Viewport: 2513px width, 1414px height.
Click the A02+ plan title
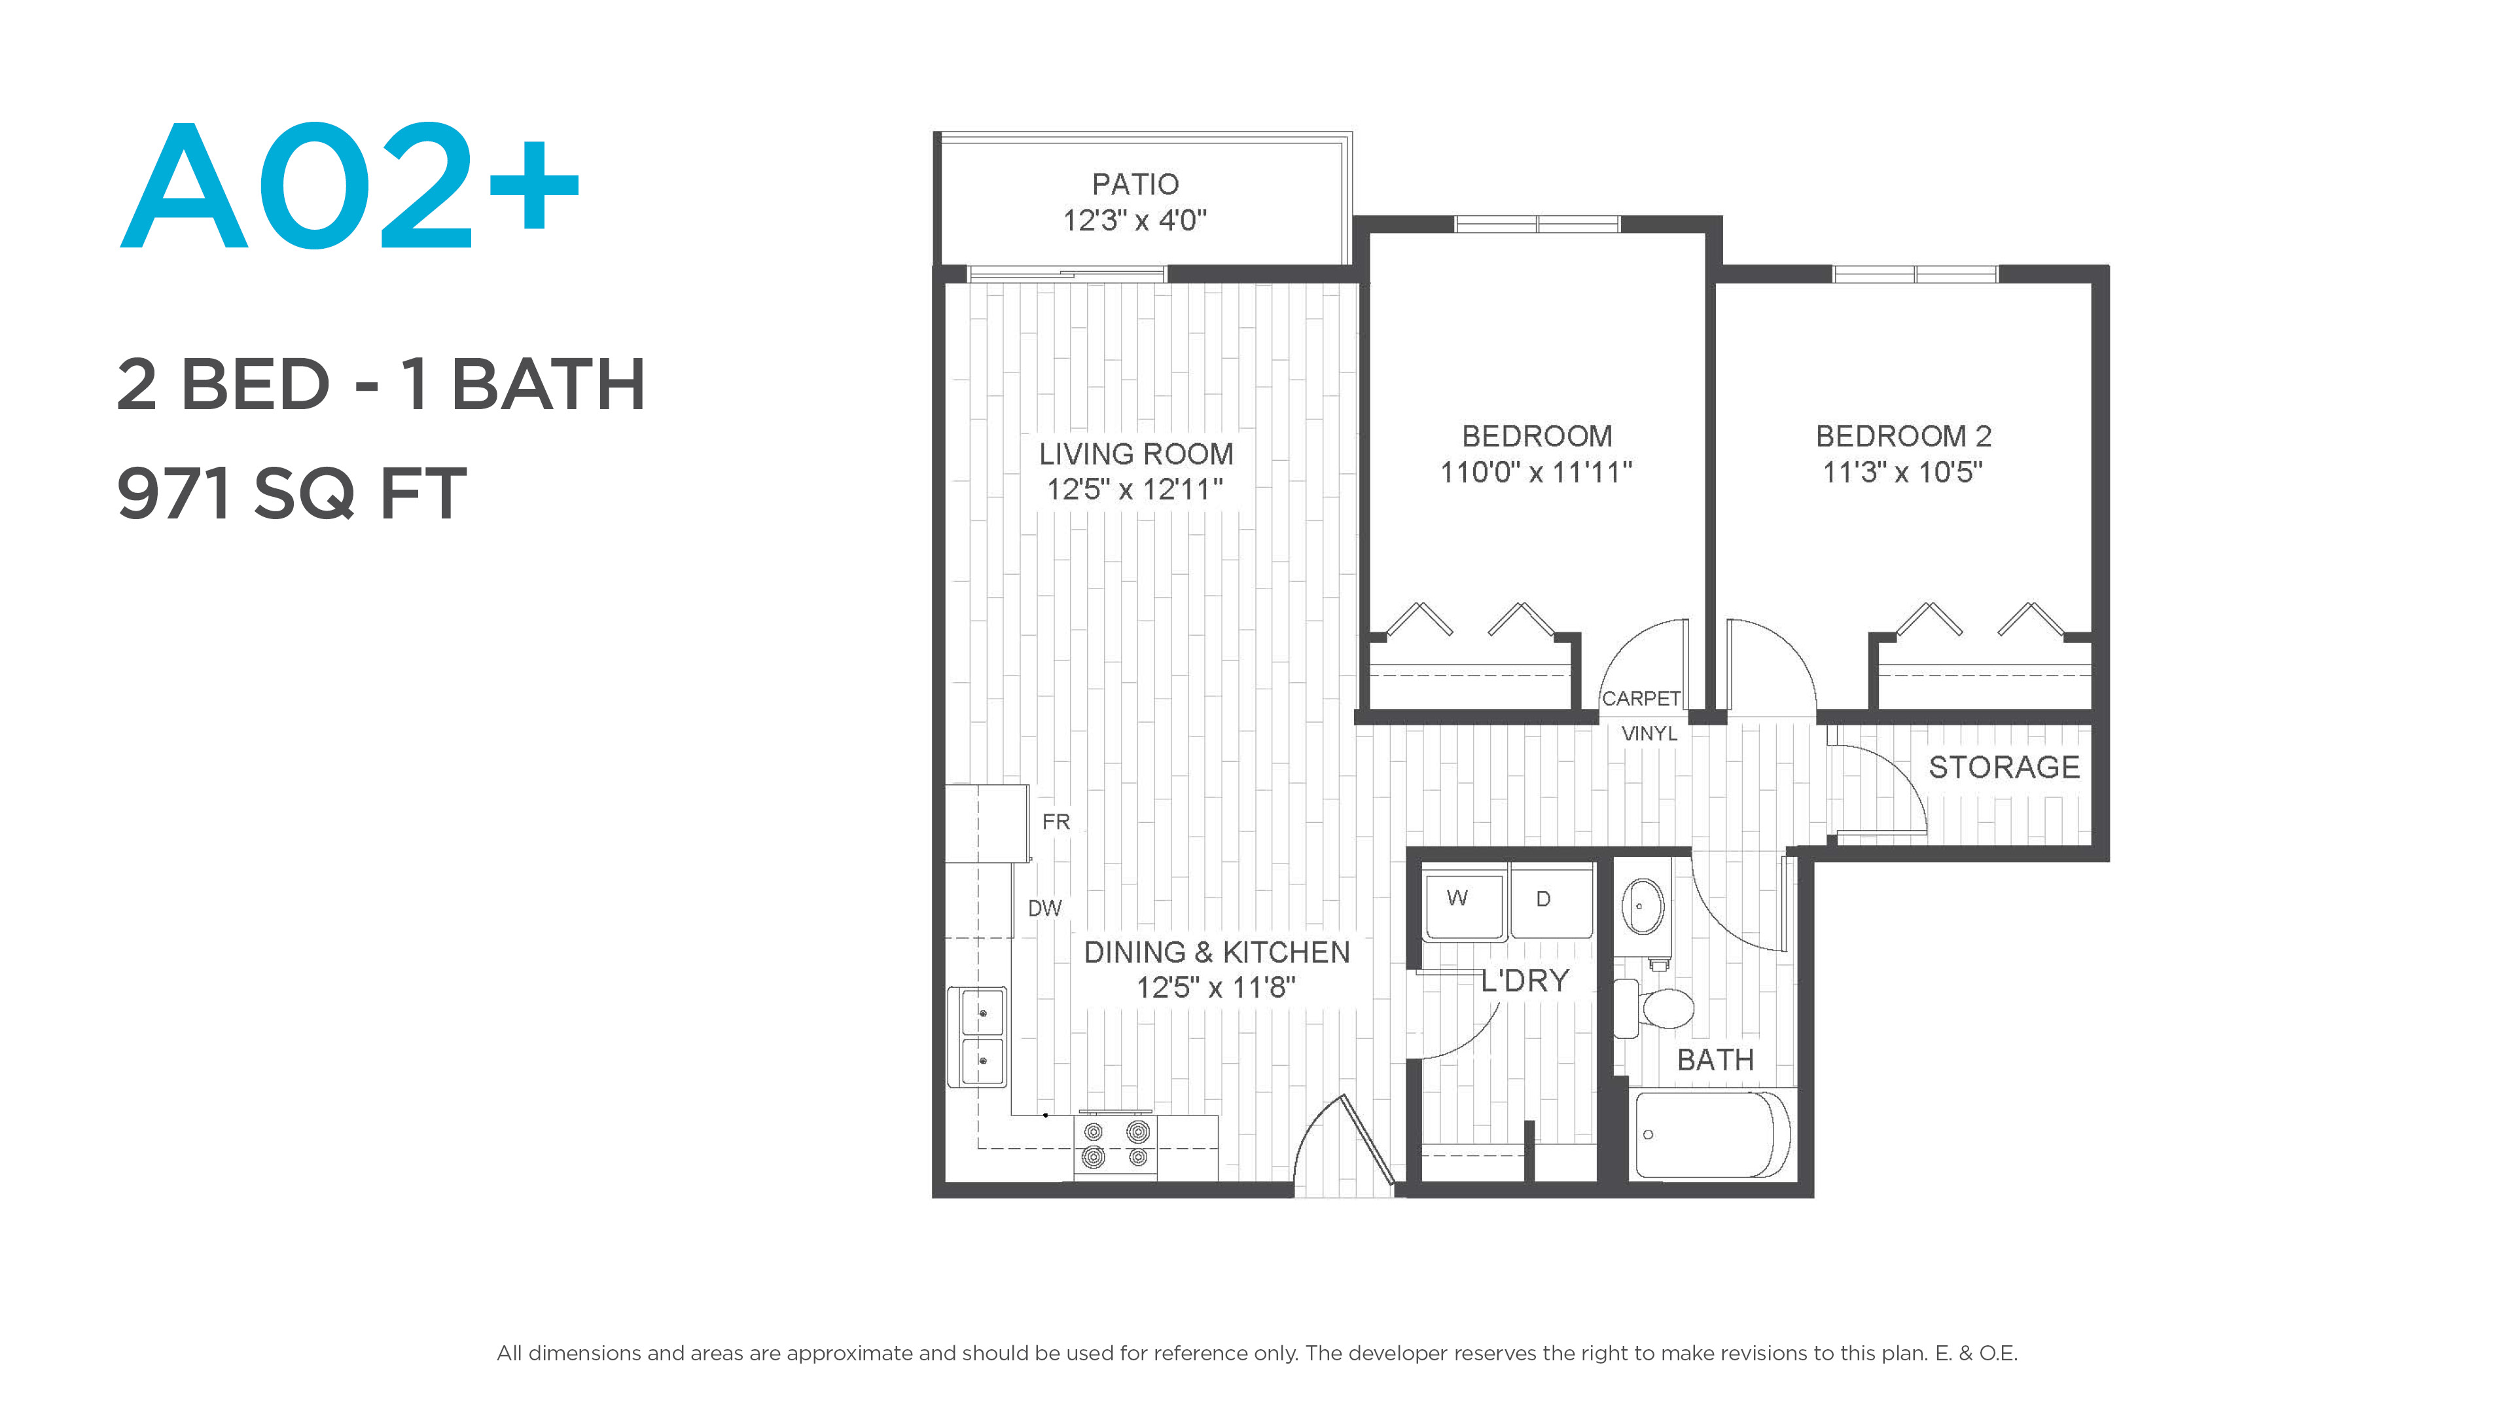pyautogui.click(x=349, y=185)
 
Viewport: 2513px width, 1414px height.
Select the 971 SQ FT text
pyautogui.click(x=292, y=493)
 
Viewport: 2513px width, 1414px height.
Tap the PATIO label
pyautogui.click(x=1135, y=183)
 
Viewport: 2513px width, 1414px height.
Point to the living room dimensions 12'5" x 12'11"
pyautogui.click(x=1135, y=489)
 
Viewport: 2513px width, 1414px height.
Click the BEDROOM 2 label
pyautogui.click(x=1903, y=435)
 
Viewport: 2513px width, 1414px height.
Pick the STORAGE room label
pyautogui.click(x=2004, y=767)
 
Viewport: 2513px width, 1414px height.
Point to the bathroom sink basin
pyautogui.click(x=1642, y=907)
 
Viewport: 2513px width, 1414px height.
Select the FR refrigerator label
pyautogui.click(x=1056, y=822)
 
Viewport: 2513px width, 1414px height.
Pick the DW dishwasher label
pyautogui.click(x=1045, y=907)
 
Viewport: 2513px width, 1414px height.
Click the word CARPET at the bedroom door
pyautogui.click(x=1641, y=698)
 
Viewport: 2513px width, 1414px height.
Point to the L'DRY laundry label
pyautogui.click(x=1525, y=981)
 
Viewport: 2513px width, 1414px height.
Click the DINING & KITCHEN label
pyautogui.click(x=1217, y=951)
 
